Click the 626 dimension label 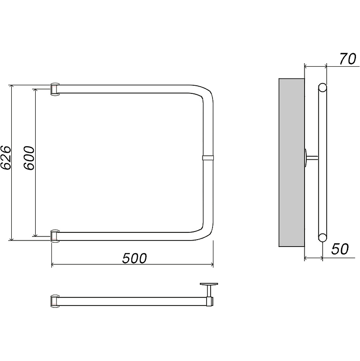(5, 158)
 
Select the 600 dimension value (29, 158)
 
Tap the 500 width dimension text (134, 258)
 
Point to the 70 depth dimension (347, 59)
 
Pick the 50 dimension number (340, 249)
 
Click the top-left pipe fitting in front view (55, 88)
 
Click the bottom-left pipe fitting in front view (55, 236)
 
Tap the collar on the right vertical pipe (208, 157)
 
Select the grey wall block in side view (291, 162)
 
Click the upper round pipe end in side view (323, 88)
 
